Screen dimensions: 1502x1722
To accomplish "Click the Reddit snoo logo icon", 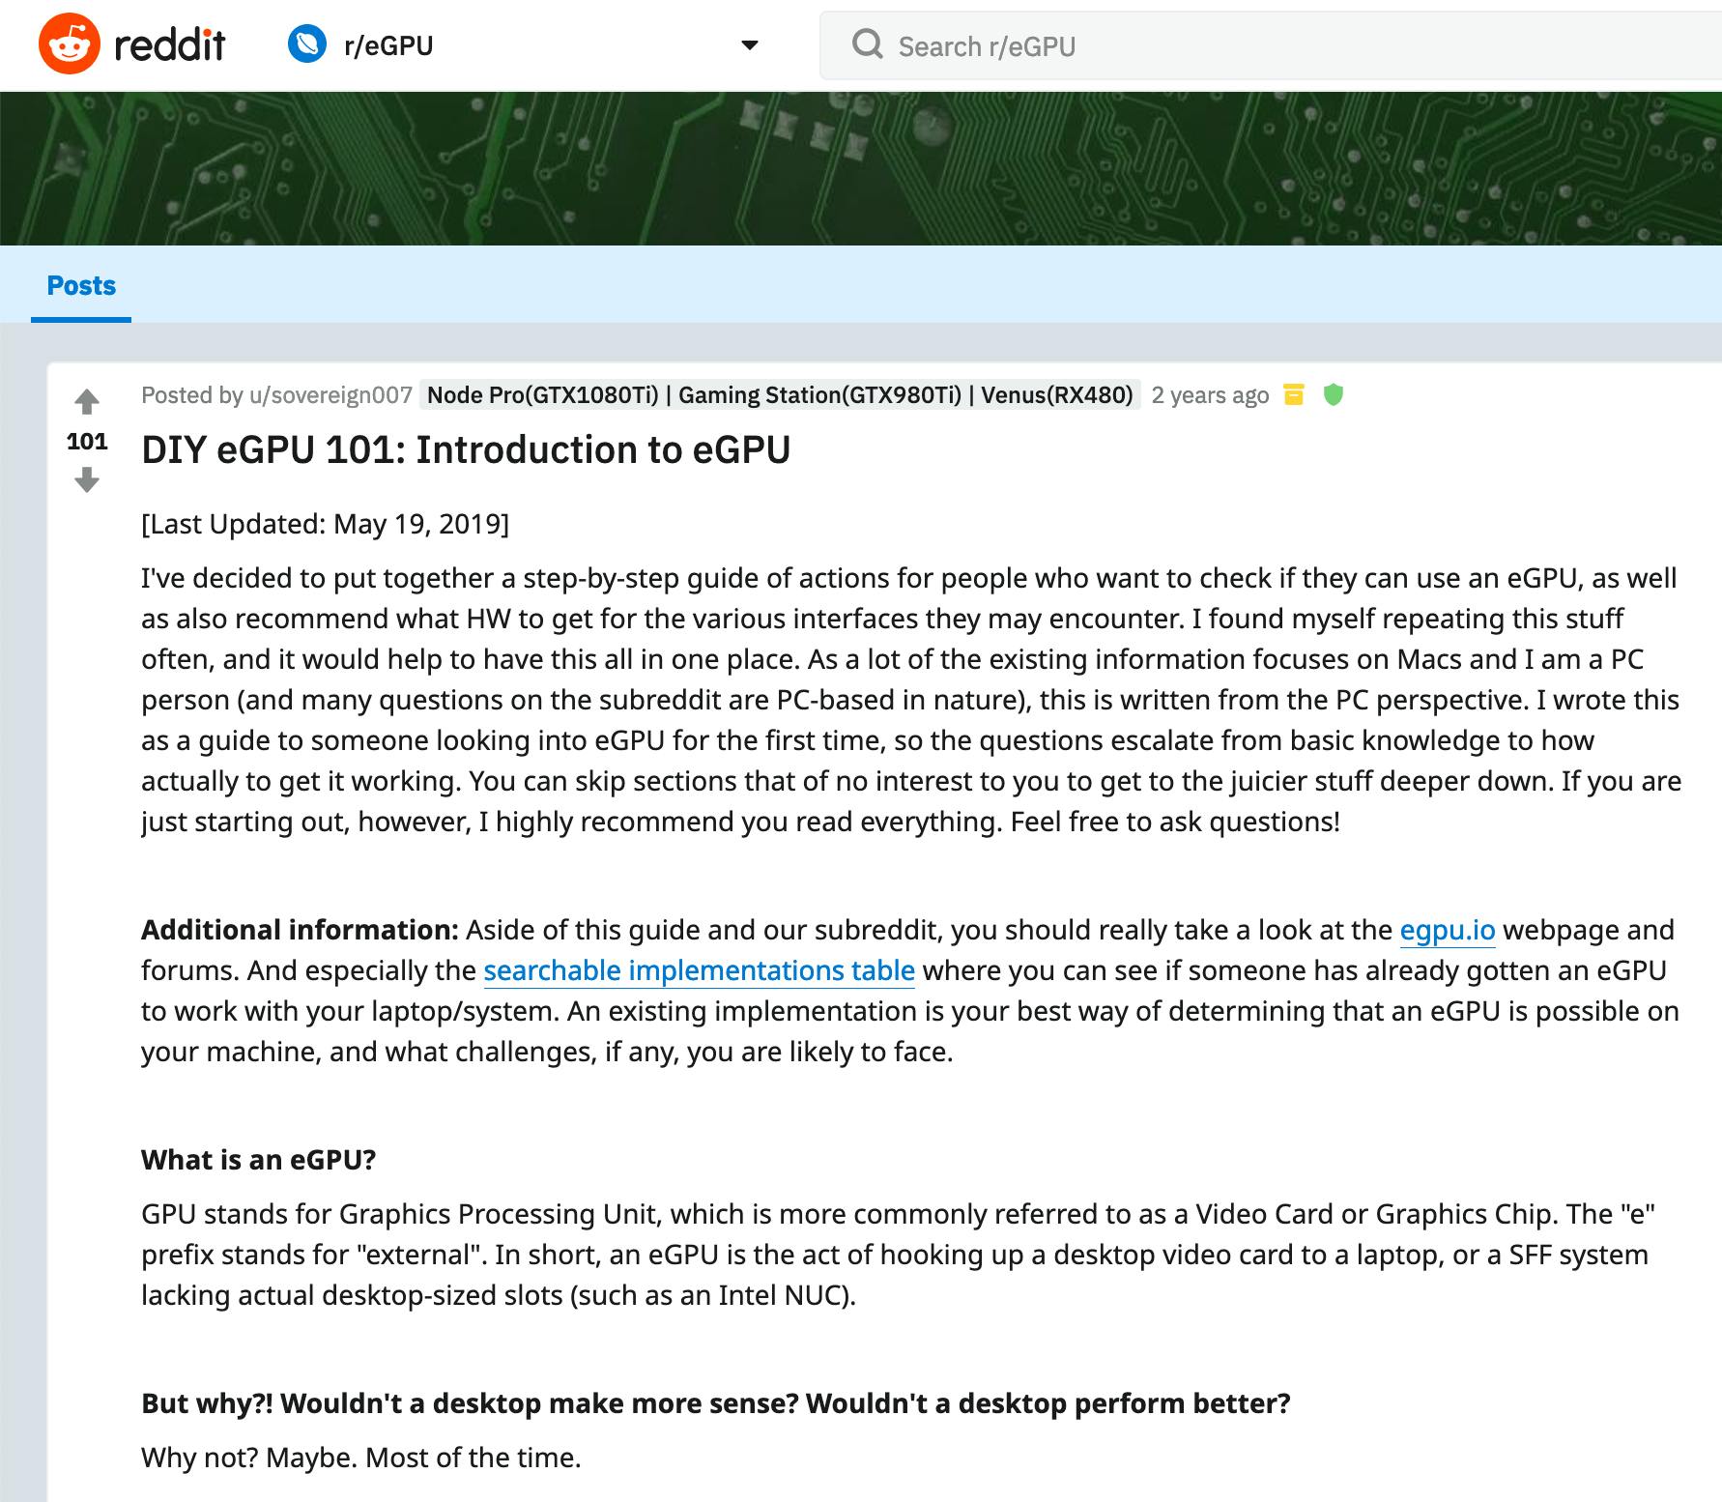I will click(x=69, y=44).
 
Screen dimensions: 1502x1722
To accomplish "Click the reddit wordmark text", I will click(x=170, y=44).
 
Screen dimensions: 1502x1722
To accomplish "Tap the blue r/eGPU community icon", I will click(x=307, y=44).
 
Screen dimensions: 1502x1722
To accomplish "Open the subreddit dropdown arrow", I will click(x=749, y=45).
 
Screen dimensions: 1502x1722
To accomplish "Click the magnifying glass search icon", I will click(x=867, y=44).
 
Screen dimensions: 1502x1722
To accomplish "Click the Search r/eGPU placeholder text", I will click(x=987, y=46).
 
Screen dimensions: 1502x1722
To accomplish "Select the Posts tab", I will click(x=81, y=286).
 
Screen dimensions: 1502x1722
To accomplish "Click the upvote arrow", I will click(x=87, y=401).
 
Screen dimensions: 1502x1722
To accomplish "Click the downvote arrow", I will click(x=87, y=479).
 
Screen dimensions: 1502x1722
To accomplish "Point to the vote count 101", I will click(x=87, y=442).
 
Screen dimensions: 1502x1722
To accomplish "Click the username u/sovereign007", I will click(x=330, y=395).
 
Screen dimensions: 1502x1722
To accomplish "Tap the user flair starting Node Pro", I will click(x=780, y=395).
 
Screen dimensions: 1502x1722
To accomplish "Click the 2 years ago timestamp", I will click(x=1210, y=395).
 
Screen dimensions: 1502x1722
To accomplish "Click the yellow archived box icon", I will click(x=1293, y=394).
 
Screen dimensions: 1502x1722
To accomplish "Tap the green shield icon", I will click(x=1333, y=394).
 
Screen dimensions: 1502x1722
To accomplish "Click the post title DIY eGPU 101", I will click(x=466, y=450).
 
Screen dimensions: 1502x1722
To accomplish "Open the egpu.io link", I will click(x=1447, y=930).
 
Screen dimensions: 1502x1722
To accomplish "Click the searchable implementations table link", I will click(x=699, y=970).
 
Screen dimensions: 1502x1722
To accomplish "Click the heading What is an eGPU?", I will click(x=258, y=1160).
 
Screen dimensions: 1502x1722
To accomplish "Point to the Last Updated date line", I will click(x=325, y=524).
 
